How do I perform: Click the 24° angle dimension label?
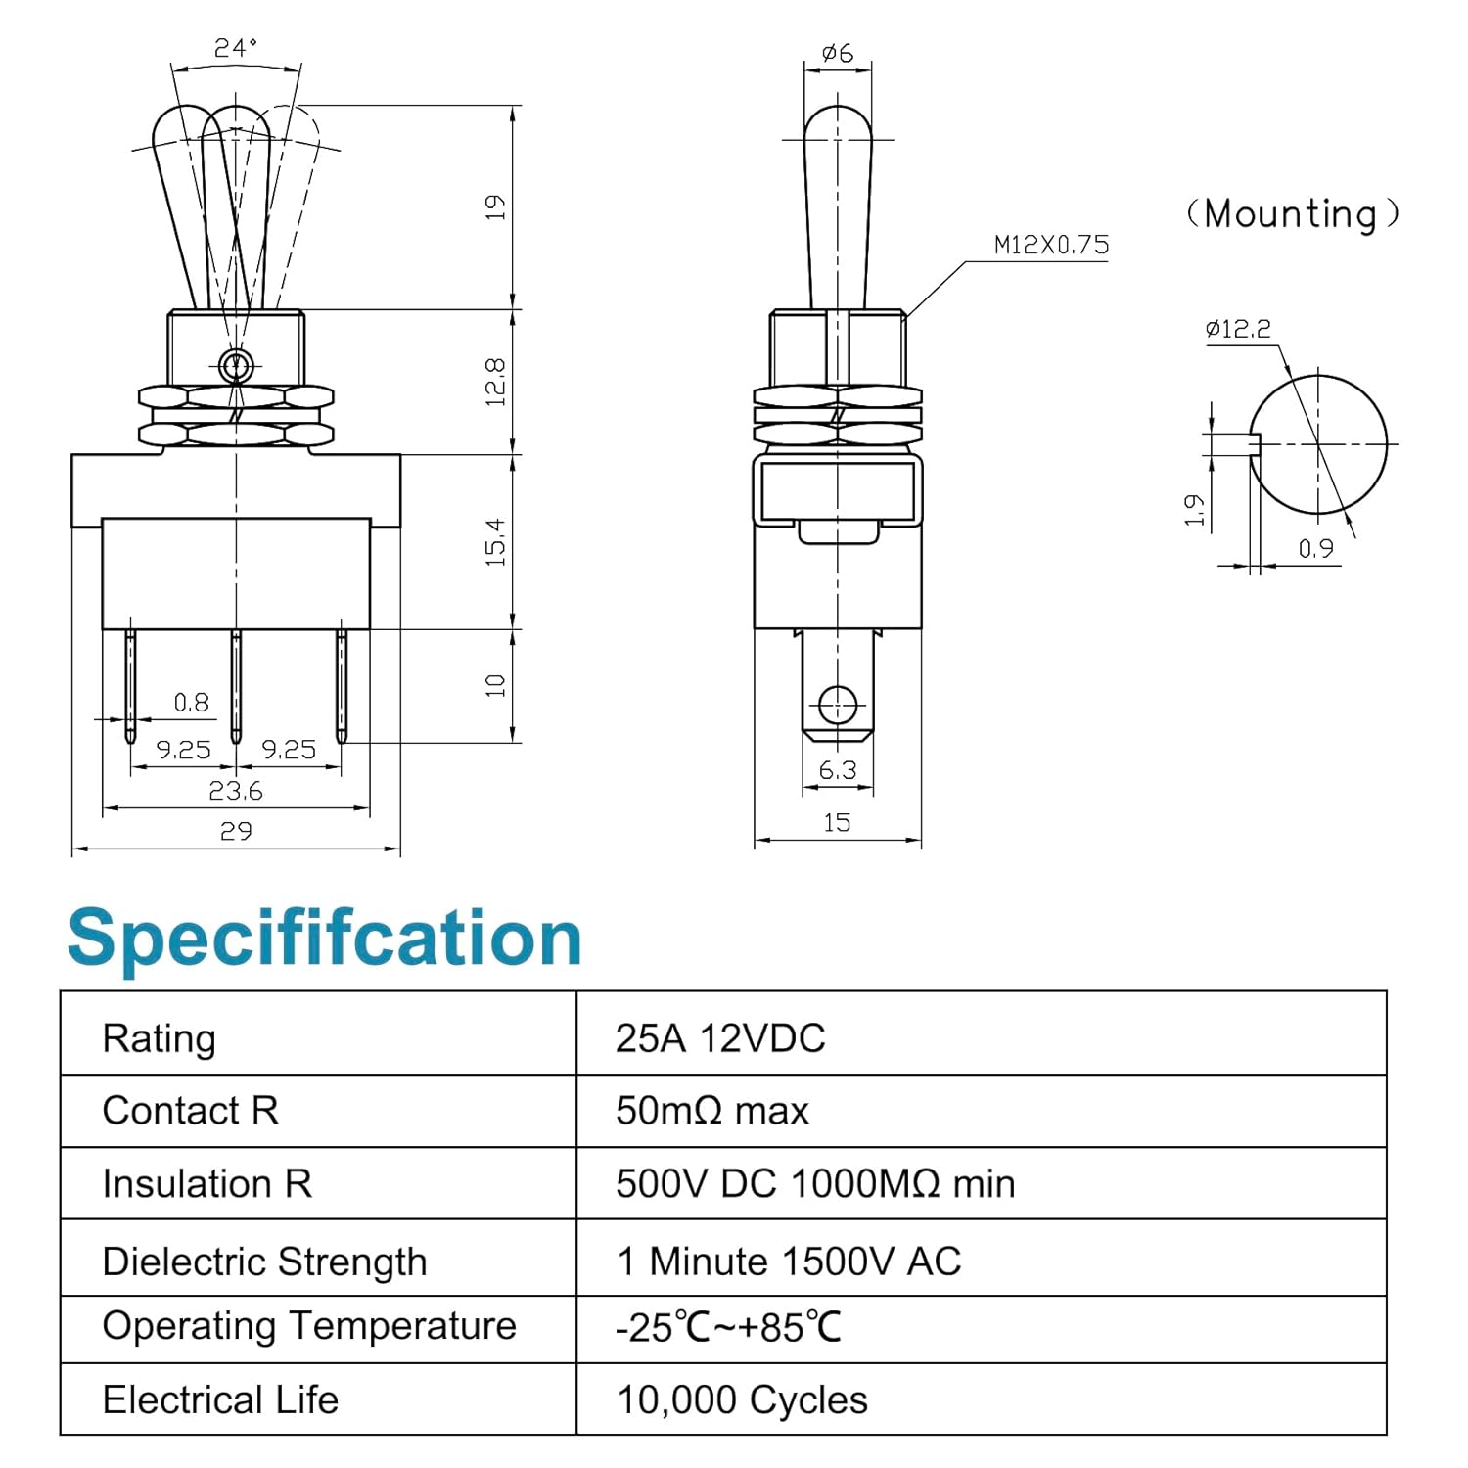236,47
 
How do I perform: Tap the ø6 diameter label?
838,53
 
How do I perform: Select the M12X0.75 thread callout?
1051,245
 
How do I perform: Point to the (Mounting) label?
1292,213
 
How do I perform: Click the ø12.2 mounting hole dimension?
1238,329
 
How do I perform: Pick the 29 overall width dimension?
236,831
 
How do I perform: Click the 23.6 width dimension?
236,791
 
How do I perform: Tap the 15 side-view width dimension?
837,822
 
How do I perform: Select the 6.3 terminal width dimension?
838,771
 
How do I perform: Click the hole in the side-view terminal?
837,705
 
